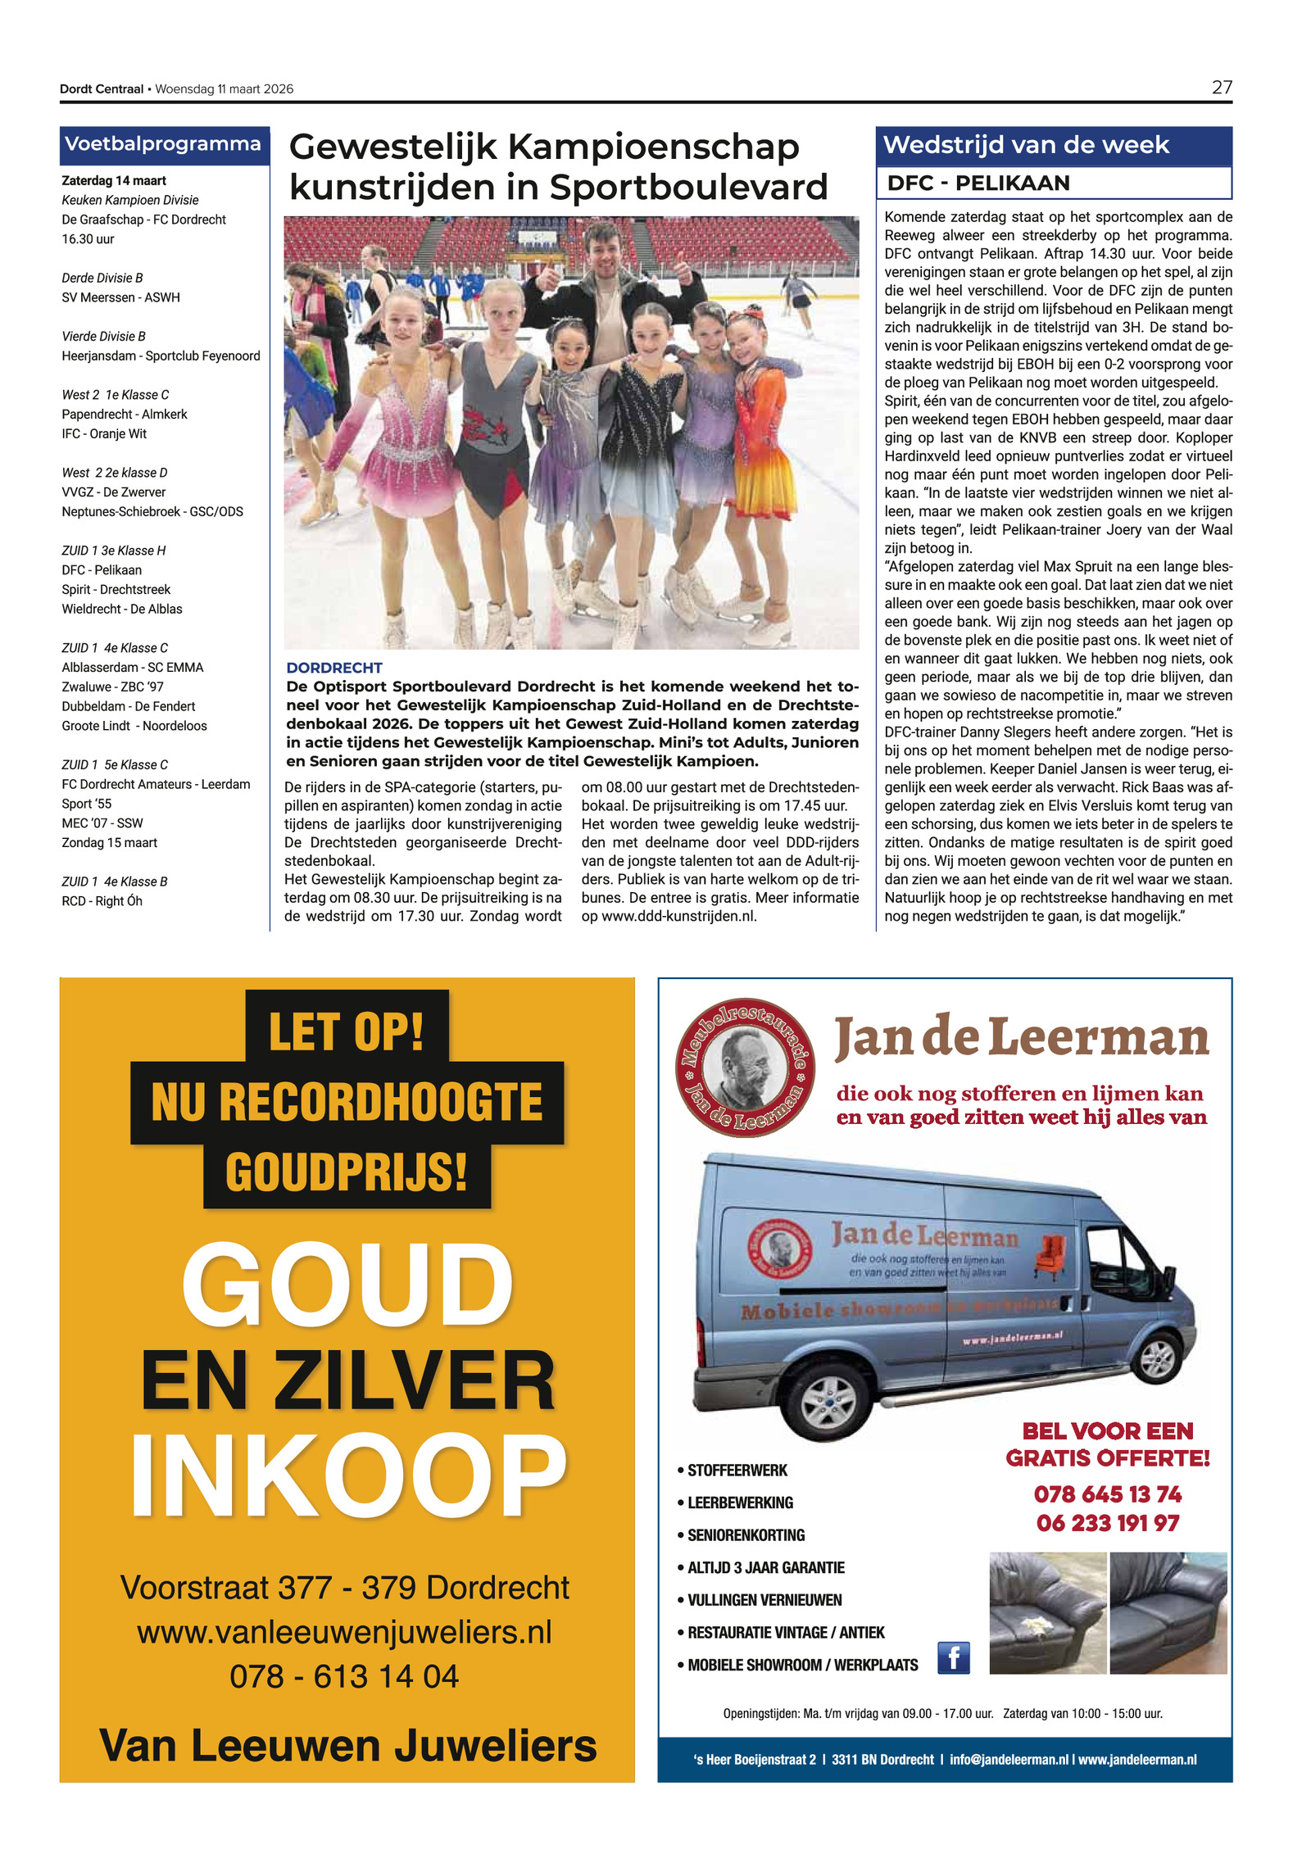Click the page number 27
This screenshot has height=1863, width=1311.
click(x=1221, y=88)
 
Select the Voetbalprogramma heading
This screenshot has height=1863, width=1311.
click(x=163, y=144)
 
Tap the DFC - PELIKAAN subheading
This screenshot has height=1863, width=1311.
click(x=978, y=183)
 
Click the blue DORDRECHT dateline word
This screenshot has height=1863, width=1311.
click(x=334, y=668)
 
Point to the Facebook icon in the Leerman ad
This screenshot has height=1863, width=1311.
click(x=953, y=1657)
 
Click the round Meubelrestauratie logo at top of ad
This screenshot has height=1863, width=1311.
click(x=744, y=1067)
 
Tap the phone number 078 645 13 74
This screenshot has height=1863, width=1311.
click(x=1107, y=1494)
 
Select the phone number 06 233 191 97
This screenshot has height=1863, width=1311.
click(x=1107, y=1523)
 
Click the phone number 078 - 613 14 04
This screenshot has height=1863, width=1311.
click(x=344, y=1676)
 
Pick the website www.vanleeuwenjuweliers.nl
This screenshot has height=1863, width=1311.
click(x=344, y=1632)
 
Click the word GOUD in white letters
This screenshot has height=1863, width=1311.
click(x=347, y=1285)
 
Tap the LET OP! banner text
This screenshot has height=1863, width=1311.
click(x=347, y=1031)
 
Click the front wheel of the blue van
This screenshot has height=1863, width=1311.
click(x=829, y=1403)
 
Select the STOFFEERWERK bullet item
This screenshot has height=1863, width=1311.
click(x=737, y=1471)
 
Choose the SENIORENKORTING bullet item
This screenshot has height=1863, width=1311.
click(x=746, y=1535)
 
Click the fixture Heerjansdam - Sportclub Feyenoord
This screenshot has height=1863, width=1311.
click(x=161, y=356)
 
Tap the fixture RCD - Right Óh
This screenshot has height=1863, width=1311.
click(x=102, y=901)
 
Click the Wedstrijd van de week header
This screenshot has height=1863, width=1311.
click(x=1026, y=145)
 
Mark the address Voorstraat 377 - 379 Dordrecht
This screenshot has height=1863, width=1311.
click(x=344, y=1587)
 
